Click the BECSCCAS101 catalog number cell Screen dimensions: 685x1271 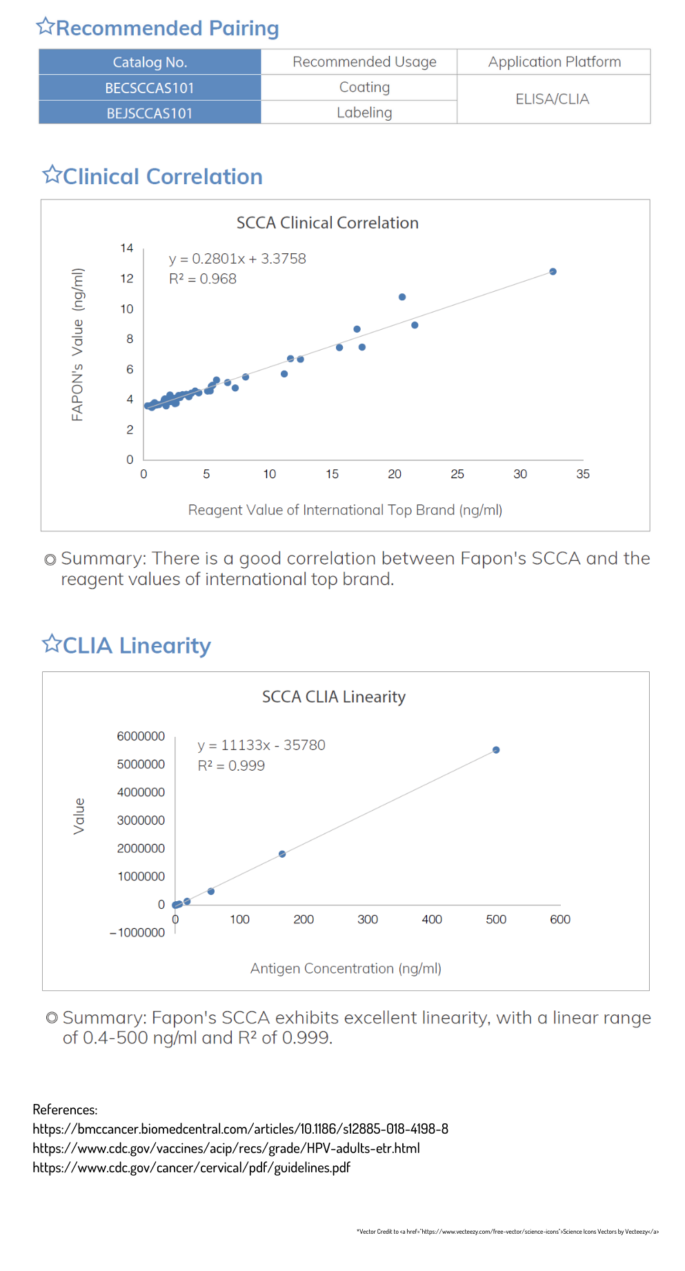coord(150,88)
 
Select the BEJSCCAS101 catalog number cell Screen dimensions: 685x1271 coord(150,113)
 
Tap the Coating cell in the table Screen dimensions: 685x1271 coord(364,88)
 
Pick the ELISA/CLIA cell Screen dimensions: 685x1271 coord(553,99)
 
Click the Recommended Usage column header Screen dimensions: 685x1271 coord(364,62)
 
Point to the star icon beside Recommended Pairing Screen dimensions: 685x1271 coord(46,26)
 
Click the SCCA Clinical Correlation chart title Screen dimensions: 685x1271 coord(328,223)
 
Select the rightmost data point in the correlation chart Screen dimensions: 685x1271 coord(553,272)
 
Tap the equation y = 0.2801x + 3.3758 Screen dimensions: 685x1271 coord(237,259)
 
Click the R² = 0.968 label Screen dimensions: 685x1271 coord(203,279)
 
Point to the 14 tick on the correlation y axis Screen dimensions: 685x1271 coord(127,248)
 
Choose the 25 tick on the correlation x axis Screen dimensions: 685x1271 coord(457,474)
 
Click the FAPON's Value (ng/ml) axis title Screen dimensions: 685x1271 coord(78,344)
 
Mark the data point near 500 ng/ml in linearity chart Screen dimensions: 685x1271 coord(496,750)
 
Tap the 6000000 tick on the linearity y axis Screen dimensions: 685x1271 coord(141,736)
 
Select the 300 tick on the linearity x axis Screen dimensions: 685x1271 coord(368,919)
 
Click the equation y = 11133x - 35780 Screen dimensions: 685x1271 coord(261,745)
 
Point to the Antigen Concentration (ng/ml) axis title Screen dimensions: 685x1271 coord(346,969)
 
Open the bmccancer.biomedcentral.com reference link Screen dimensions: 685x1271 coord(241,1129)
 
